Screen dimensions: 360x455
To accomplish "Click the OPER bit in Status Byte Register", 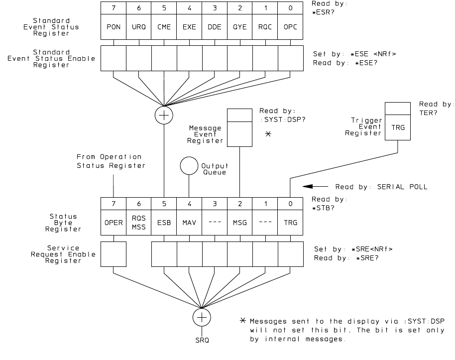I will point(113,223).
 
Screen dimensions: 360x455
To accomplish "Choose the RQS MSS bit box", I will point(138,223).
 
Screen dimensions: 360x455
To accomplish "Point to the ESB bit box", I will point(164,223).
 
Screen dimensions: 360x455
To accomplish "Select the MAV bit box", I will point(189,223).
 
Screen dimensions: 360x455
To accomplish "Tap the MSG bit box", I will point(239,223).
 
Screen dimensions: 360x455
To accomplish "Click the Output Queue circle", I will point(189,166).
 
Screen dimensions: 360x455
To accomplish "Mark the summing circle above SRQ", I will point(202,317).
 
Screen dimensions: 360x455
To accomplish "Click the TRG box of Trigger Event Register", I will point(397,127).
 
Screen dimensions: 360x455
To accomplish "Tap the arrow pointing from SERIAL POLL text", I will point(316,188).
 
